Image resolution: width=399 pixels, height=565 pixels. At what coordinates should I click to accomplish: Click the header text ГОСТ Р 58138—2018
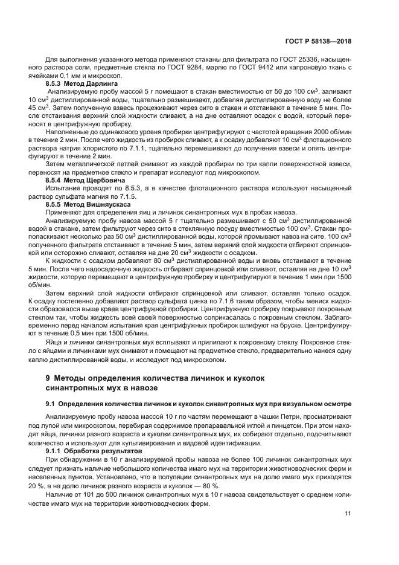coord(318,42)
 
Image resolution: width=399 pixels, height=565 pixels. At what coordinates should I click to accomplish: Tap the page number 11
coord(348,514)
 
